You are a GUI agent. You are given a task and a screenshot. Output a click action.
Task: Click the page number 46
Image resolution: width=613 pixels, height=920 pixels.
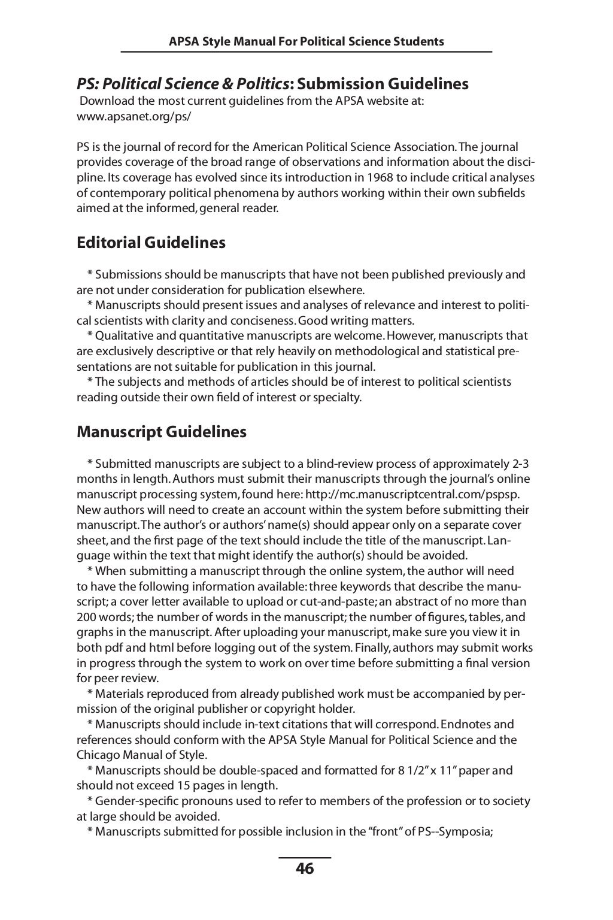pos(305,868)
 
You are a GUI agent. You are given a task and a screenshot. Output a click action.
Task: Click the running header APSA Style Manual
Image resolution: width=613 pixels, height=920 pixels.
pos(306,41)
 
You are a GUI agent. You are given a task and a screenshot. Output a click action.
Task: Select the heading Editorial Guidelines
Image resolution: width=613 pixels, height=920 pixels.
pos(151,243)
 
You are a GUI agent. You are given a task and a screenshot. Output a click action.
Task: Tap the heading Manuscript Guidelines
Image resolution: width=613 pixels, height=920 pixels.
pos(161,432)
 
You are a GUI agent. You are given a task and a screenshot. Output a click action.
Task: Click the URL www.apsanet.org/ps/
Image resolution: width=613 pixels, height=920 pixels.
pos(134,116)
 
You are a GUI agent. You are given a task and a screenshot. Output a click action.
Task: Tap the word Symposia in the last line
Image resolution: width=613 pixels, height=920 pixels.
pos(466,831)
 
